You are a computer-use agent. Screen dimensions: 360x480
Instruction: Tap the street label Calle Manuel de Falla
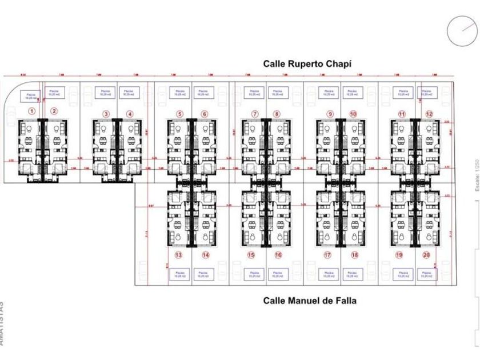click(x=309, y=300)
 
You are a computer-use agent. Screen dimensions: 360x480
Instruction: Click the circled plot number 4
click(x=130, y=114)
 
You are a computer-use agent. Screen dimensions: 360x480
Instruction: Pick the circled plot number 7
click(x=254, y=114)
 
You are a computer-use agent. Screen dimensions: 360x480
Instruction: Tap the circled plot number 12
click(x=429, y=114)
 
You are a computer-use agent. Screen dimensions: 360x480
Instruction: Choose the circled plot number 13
click(x=179, y=255)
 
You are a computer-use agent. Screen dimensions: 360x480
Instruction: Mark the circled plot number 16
click(x=278, y=255)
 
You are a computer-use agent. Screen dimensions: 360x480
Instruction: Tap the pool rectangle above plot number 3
click(x=105, y=92)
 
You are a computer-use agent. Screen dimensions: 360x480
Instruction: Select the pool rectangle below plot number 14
click(x=203, y=275)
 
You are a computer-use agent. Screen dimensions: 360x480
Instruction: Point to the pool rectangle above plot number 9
click(x=328, y=92)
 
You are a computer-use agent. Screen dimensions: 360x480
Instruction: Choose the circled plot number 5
click(x=179, y=114)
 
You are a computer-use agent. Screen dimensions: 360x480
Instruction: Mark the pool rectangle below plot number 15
click(x=254, y=275)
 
